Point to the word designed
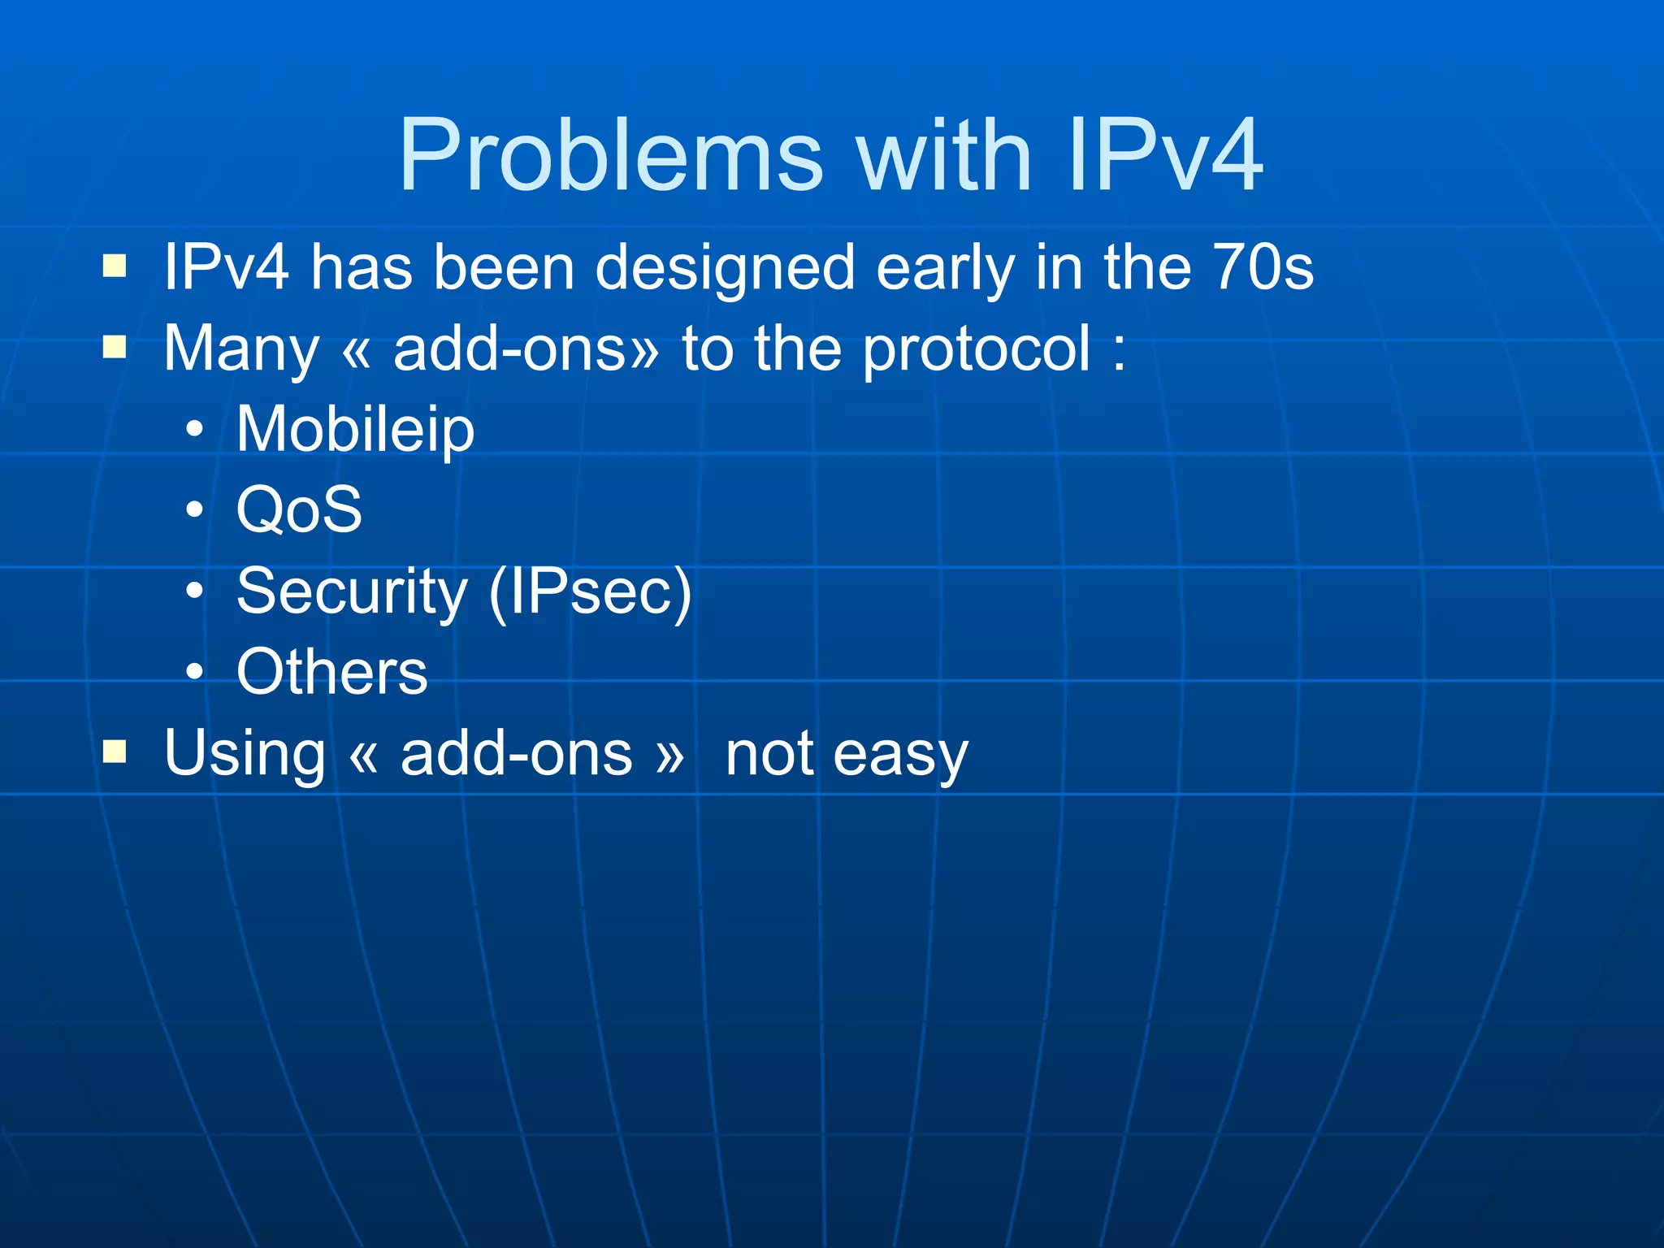[x=725, y=268]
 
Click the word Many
[x=241, y=349]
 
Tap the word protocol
[x=976, y=349]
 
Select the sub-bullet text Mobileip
[x=355, y=430]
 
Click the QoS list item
[x=299, y=509]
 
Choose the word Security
[x=352, y=591]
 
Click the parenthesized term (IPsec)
[x=590, y=591]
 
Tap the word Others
[x=331, y=672]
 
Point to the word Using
[x=244, y=754]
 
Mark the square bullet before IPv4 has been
[x=115, y=266]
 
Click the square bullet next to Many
[x=115, y=347]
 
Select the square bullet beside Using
[x=115, y=752]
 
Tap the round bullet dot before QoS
[x=194, y=510]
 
